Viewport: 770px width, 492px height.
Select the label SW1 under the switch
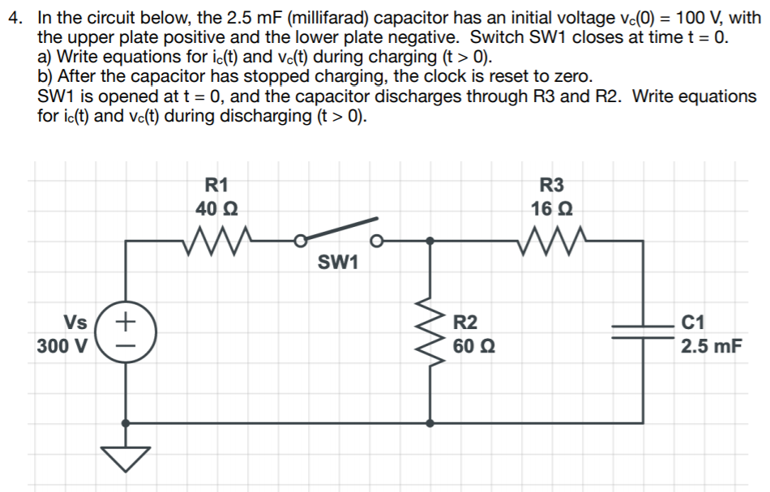click(339, 263)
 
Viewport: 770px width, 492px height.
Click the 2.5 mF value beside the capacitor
click(711, 347)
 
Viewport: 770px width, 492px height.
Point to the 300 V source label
click(62, 347)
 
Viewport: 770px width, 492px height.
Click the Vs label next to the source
click(75, 322)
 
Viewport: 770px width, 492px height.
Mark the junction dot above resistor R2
click(430, 240)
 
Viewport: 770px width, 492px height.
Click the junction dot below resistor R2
click(430, 422)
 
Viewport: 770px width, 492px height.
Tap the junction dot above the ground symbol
click(126, 422)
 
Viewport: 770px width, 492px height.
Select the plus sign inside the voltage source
click(126, 321)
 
